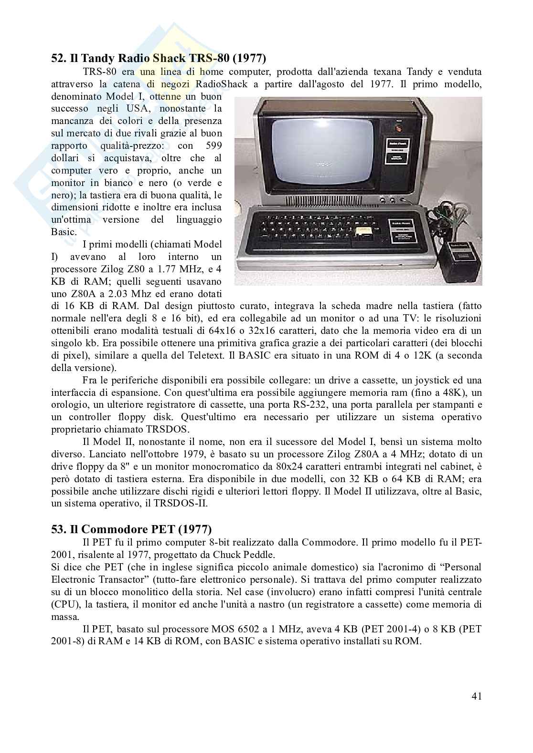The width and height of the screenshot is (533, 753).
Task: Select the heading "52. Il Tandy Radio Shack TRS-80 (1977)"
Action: tap(158, 59)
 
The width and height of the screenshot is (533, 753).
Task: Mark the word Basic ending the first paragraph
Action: tap(64, 232)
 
